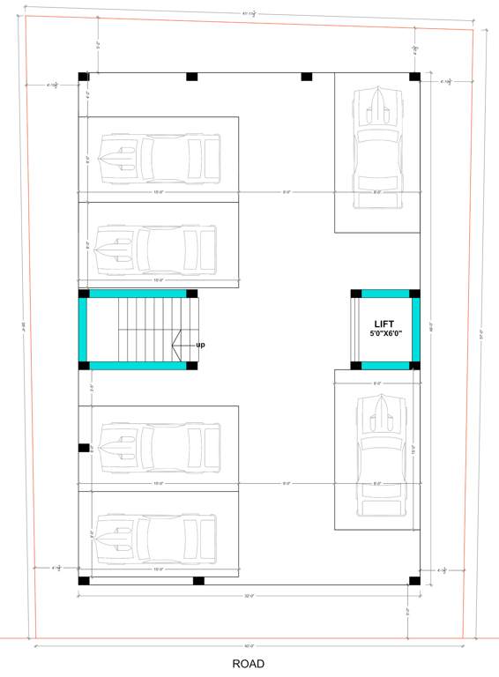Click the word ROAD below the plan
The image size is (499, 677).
pyautogui.click(x=248, y=664)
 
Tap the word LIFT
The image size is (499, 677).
pyautogui.click(x=384, y=324)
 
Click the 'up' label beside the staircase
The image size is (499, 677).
pyautogui.click(x=200, y=345)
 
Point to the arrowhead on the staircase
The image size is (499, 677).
pyautogui.click(x=176, y=344)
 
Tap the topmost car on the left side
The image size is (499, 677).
pyautogui.click(x=159, y=160)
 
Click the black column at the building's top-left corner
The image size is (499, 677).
pyautogui.click(x=84, y=77)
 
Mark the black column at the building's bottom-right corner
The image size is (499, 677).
pyautogui.click(x=414, y=580)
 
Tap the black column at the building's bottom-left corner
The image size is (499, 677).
pyautogui.click(x=84, y=580)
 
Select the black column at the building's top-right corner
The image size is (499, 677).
pyautogui.click(x=414, y=77)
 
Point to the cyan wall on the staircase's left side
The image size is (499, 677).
pyautogui.click(x=84, y=330)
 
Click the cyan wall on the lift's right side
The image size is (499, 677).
pyautogui.click(x=415, y=330)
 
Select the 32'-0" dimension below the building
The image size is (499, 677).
pyautogui.click(x=249, y=597)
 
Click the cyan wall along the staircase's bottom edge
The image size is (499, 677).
pyautogui.click(x=137, y=365)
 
